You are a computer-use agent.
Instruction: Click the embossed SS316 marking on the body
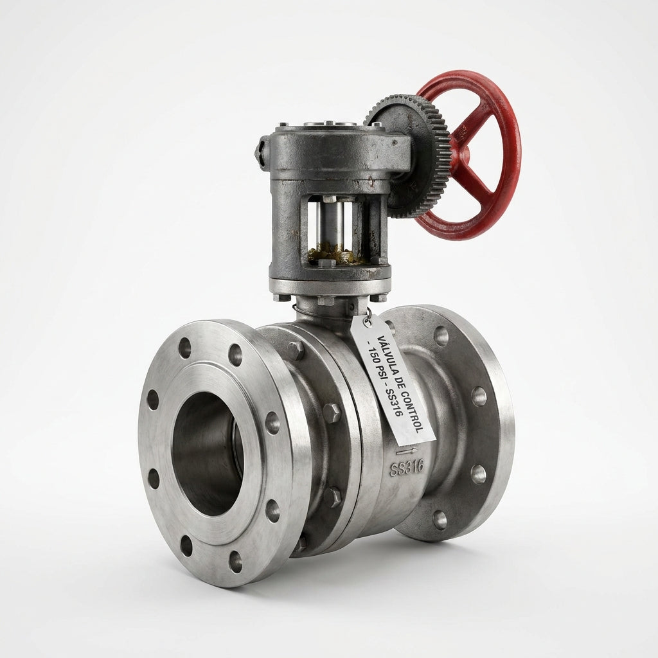click(406, 467)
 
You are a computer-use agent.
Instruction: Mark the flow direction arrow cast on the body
click(407, 451)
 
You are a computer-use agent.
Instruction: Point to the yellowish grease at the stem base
click(333, 254)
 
